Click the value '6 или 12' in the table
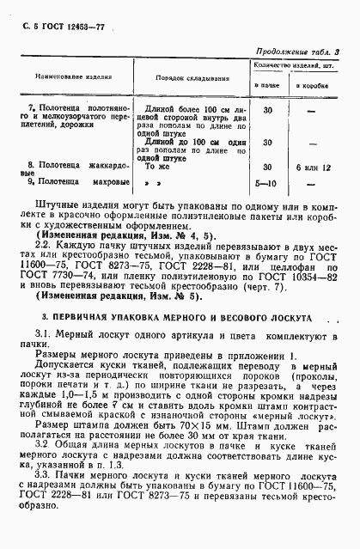[x=310, y=166]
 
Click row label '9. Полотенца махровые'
[x=73, y=182]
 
